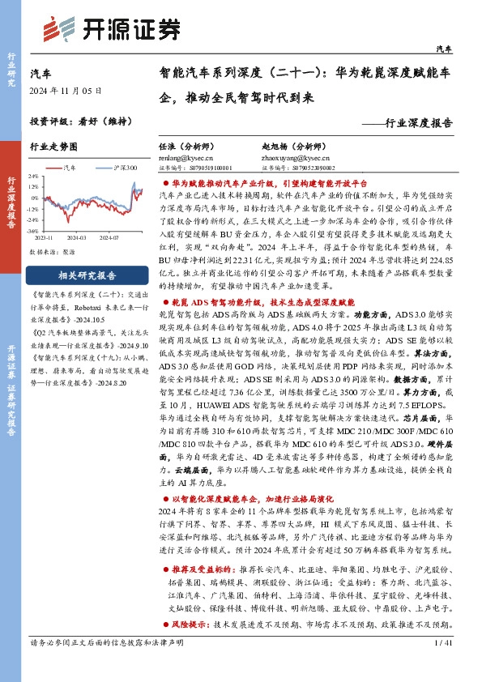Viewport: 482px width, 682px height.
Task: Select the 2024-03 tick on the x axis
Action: [77, 237]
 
